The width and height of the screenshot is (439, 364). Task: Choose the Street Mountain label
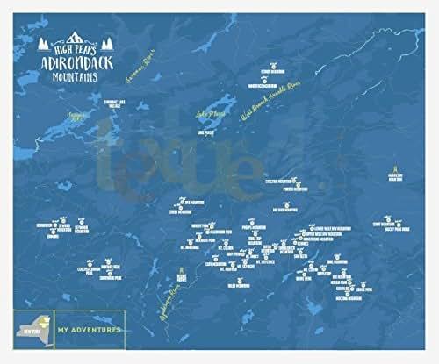pyautogui.click(x=180, y=211)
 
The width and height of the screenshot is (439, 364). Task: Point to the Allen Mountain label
pyautogui.click(x=235, y=286)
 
